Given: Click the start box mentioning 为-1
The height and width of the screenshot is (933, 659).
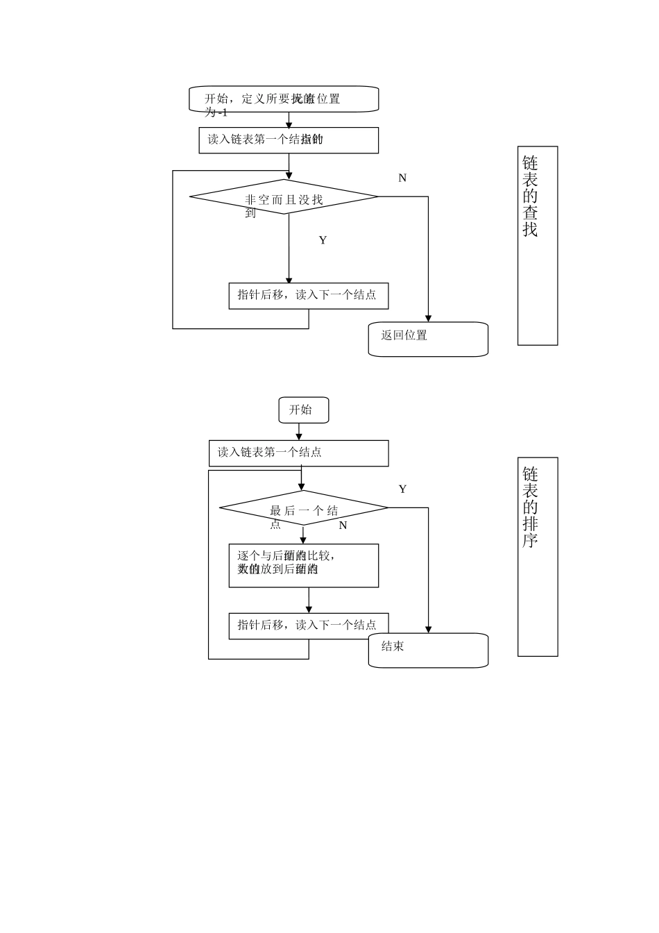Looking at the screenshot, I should tap(284, 99).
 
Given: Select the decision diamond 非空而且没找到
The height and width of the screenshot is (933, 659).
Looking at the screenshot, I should tap(284, 197).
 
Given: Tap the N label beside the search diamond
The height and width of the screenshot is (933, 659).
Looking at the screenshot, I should tap(402, 178).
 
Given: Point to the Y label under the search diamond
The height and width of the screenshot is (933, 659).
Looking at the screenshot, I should tap(323, 240).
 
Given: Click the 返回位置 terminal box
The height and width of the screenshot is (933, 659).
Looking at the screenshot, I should tap(428, 339).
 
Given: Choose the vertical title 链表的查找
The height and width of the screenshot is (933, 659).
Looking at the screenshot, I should tap(537, 245).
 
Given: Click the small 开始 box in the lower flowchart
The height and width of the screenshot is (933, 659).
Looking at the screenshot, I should tap(303, 410).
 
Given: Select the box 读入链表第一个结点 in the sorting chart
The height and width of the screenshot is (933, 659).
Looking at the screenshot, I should tap(298, 453).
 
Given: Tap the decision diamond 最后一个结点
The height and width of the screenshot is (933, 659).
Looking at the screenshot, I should tap(303, 508).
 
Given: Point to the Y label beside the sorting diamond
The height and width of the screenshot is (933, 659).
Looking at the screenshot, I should tap(402, 489).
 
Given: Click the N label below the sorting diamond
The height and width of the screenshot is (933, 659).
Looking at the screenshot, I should tap(343, 526).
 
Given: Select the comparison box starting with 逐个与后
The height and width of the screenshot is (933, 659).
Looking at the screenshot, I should tap(303, 565).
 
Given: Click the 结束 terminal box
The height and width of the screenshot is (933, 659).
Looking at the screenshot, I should tap(428, 650).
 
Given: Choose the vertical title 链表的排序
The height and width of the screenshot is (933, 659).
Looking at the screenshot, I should tap(537, 556).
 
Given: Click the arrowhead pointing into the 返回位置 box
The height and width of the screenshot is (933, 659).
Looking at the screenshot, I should tap(428, 318).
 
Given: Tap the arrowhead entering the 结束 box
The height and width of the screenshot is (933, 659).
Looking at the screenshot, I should tap(428, 629).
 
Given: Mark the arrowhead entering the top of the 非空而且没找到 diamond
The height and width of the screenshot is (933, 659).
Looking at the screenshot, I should tap(289, 176).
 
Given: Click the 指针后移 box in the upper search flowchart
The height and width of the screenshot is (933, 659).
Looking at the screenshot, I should tap(308, 295).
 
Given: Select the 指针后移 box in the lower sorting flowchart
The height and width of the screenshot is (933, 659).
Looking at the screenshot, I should tap(308, 625).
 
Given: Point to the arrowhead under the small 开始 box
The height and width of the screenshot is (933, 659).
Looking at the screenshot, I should tap(299, 436).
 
